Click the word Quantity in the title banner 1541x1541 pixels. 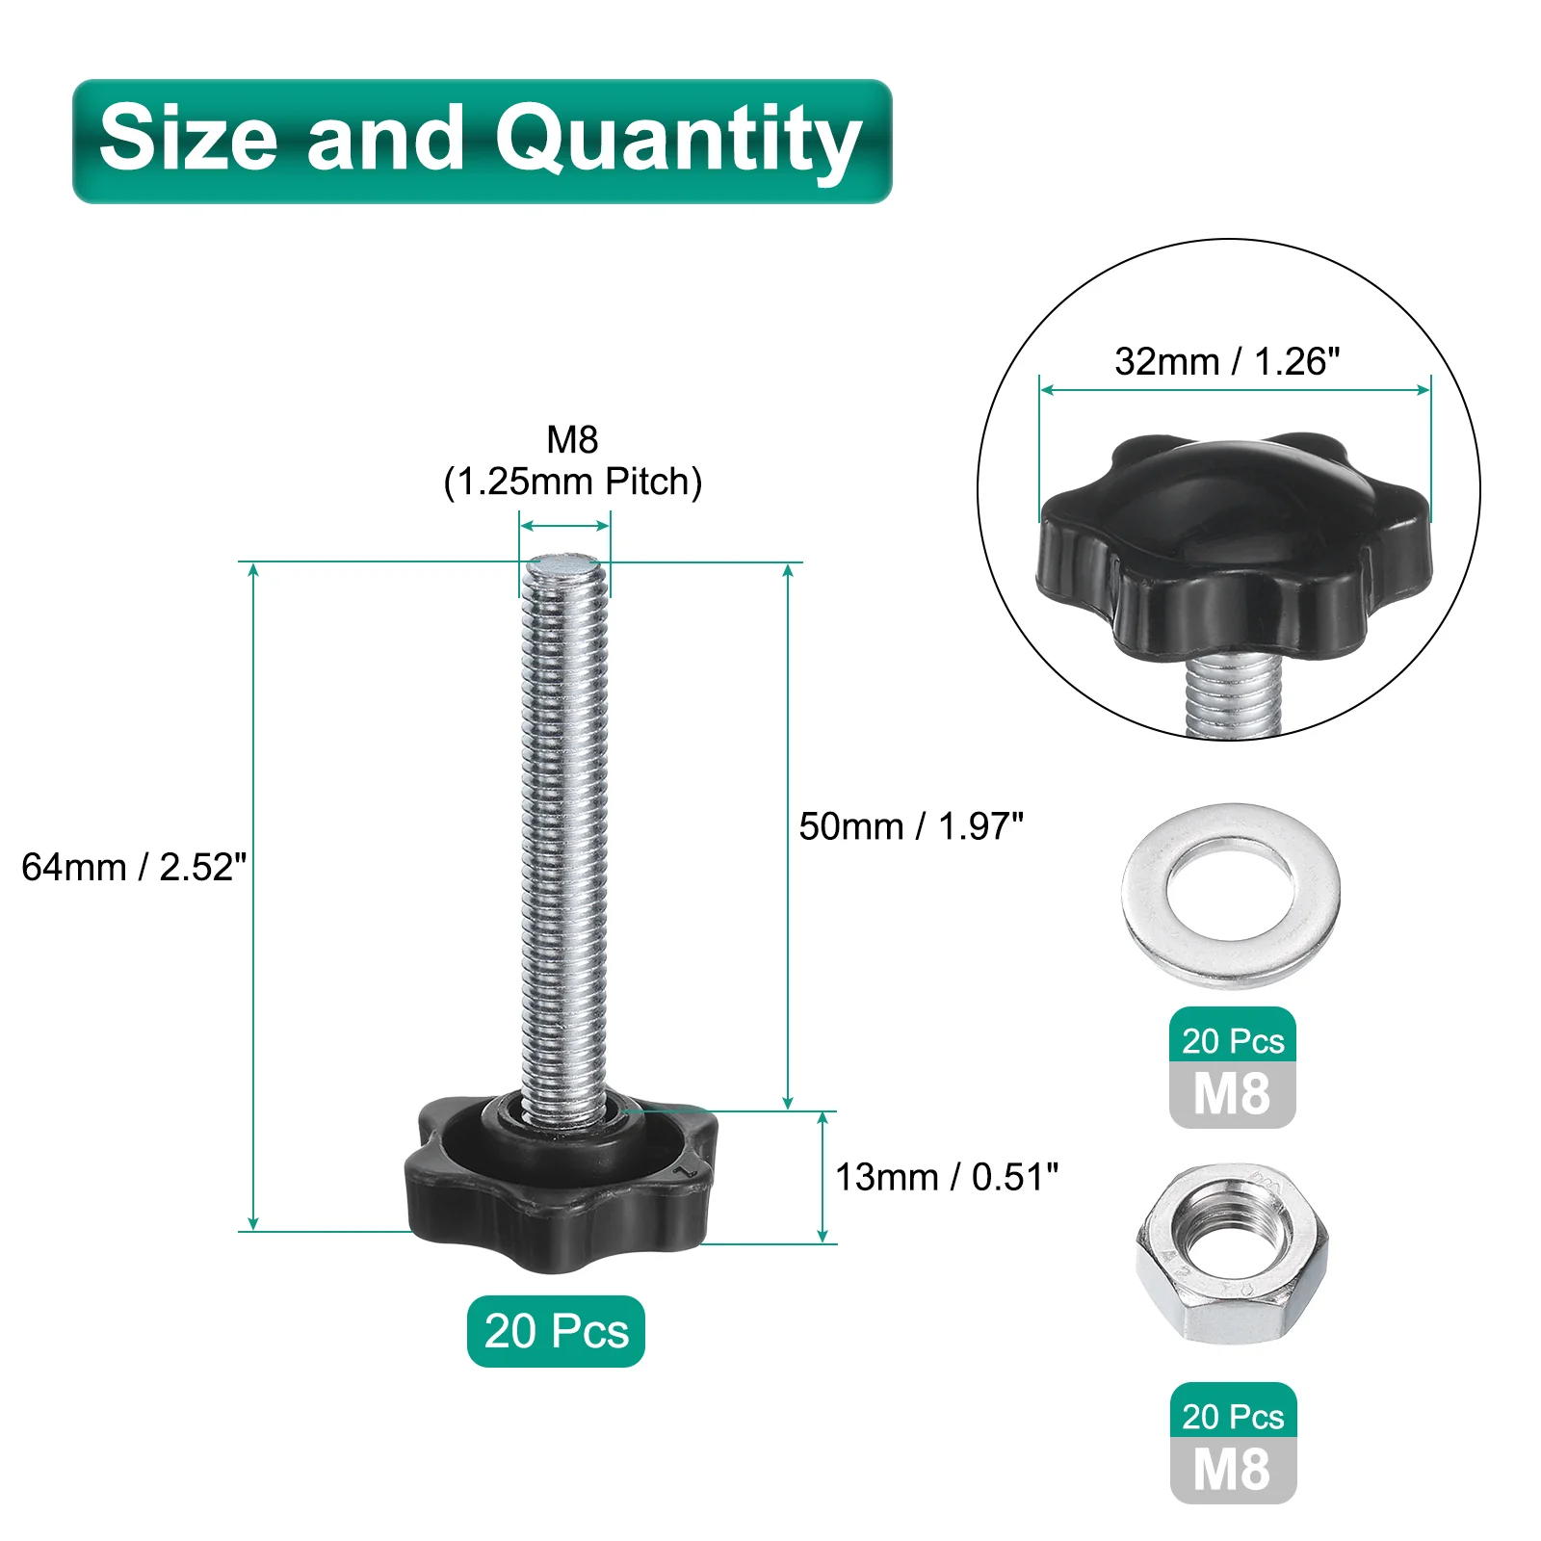pos(678,142)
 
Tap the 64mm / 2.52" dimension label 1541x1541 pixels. pos(134,867)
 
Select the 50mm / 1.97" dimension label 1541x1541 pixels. pos(911,826)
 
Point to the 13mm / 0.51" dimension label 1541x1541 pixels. pos(947,1177)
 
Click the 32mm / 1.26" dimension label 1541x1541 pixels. pos(1227,361)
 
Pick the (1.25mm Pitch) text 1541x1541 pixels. pos(573,482)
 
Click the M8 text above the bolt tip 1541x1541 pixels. pos(573,439)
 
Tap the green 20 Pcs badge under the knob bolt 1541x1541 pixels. pos(556,1331)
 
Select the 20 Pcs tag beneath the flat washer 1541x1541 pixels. pos(1233,1040)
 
